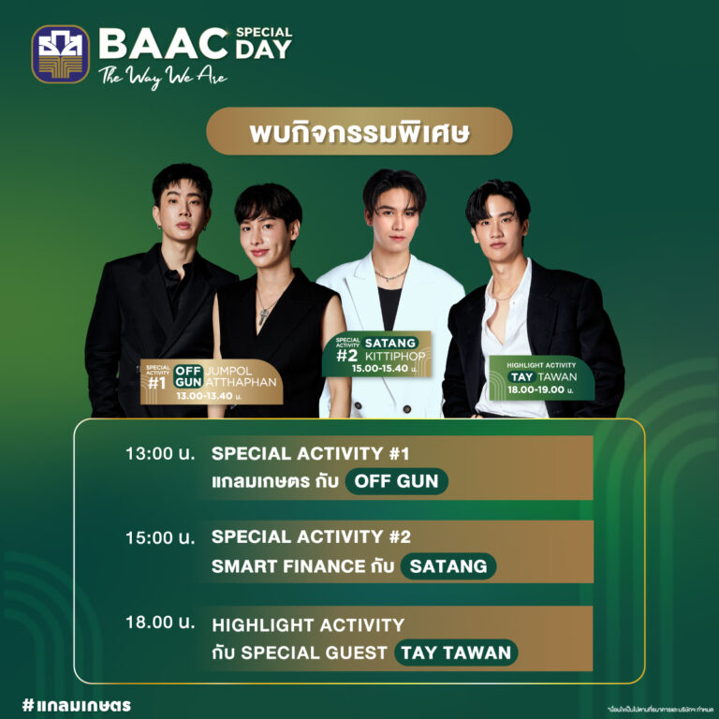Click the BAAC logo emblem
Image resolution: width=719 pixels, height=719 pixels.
point(61,53)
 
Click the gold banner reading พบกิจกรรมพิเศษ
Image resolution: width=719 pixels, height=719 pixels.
point(359,131)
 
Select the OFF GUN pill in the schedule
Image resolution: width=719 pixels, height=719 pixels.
point(397,481)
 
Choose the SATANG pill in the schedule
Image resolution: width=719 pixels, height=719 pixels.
point(448,566)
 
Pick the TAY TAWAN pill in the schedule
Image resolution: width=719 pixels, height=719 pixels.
point(456,653)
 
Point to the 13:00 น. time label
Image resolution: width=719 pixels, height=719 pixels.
point(160,454)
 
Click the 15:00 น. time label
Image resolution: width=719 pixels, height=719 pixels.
point(160,538)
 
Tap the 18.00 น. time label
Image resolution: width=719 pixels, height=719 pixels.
point(160,624)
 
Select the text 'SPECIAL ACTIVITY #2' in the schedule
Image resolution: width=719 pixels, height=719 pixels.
point(311,538)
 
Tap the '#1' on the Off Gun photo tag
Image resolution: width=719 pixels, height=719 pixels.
point(156,382)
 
